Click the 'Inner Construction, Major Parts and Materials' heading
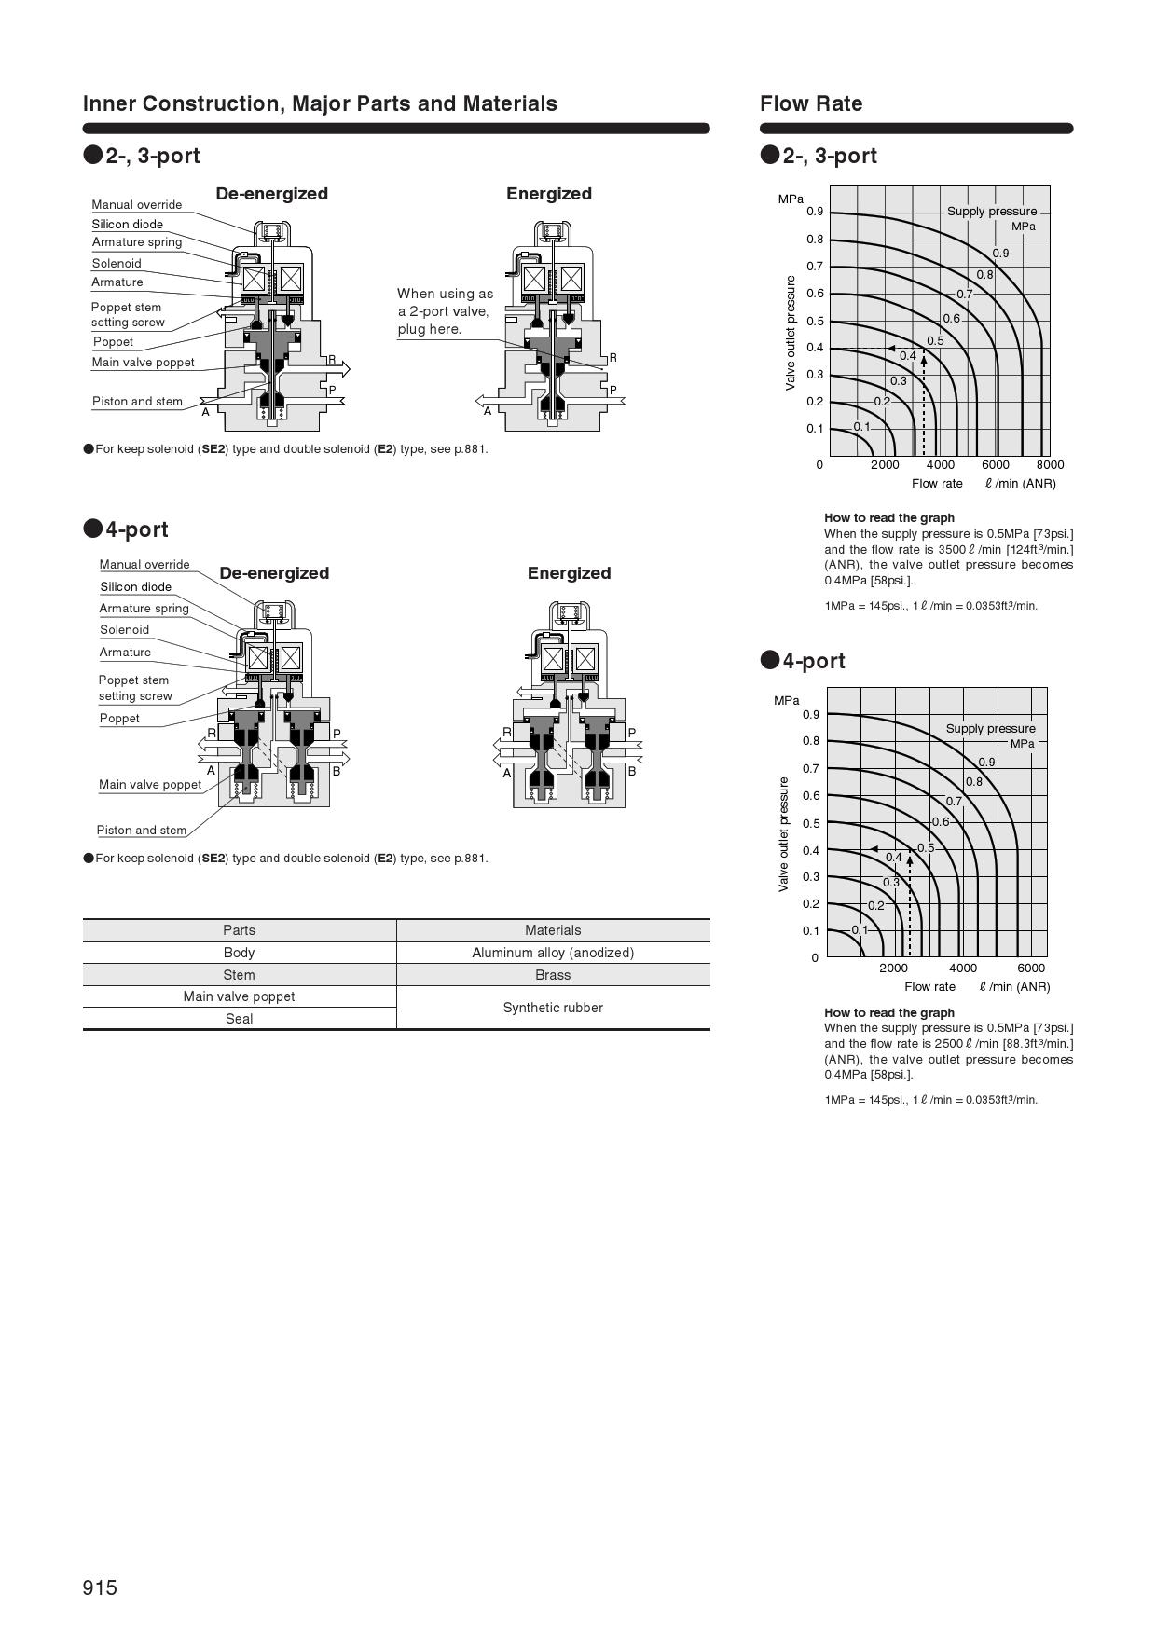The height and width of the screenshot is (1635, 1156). click(320, 103)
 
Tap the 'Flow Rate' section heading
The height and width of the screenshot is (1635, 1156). click(811, 103)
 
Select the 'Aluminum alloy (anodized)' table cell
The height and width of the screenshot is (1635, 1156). click(553, 953)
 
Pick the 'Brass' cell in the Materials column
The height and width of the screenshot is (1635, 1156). click(553, 975)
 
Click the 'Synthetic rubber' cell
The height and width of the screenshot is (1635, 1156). click(553, 1008)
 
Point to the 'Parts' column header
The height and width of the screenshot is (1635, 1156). click(239, 930)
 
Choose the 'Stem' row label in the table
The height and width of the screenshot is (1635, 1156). click(239, 975)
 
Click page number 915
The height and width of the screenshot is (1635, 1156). click(100, 1587)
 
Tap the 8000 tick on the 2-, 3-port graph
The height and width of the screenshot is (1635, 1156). click(1050, 465)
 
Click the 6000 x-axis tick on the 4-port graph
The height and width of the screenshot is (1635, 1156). click(1031, 968)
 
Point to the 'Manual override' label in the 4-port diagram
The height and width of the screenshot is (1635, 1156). click(144, 565)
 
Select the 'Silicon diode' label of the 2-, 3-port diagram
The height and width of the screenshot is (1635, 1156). click(127, 225)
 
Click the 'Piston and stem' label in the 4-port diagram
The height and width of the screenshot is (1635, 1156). click(142, 831)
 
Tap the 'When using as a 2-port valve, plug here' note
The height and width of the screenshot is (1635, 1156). click(445, 311)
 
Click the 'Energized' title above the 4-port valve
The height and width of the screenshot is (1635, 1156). click(569, 573)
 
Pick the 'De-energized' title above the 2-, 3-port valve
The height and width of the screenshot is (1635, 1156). click(271, 194)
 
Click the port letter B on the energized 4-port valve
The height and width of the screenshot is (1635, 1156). click(631, 771)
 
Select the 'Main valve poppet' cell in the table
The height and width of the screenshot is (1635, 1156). click(239, 996)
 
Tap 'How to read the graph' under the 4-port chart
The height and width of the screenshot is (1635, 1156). click(888, 1012)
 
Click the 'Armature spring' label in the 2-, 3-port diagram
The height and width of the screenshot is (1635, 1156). click(136, 242)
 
